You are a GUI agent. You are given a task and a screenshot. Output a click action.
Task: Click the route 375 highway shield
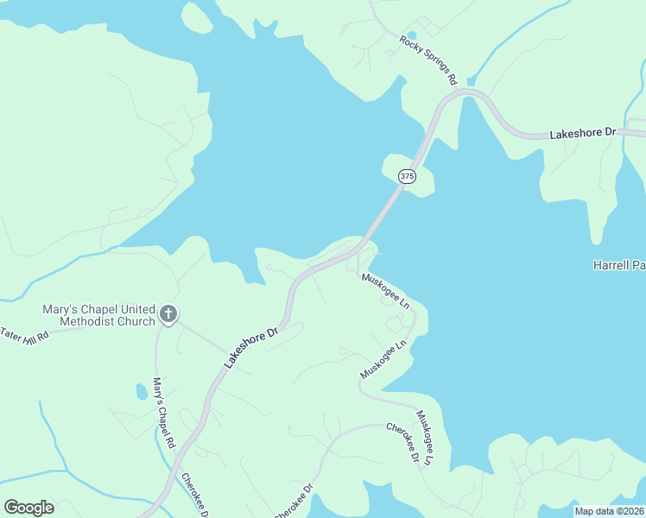[407, 176]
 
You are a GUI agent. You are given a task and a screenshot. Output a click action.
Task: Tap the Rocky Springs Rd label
[427, 60]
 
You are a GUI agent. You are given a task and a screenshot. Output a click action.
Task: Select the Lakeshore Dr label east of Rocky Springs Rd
[583, 134]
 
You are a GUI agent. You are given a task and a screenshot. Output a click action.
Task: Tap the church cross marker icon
[168, 314]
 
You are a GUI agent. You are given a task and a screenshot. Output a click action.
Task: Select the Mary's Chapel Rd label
[164, 411]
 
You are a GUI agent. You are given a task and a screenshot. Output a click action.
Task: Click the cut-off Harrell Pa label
[618, 265]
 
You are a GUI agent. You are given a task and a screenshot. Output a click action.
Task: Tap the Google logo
[28, 508]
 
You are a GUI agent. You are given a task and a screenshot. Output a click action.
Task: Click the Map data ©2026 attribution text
[610, 511]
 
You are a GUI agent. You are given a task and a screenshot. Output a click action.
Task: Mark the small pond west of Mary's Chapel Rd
[141, 392]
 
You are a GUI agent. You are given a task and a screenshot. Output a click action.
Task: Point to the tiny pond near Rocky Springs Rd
[411, 35]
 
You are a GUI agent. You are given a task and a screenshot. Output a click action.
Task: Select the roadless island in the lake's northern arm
[197, 17]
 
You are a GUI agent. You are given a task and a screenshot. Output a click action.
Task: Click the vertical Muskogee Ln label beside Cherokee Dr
[423, 439]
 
